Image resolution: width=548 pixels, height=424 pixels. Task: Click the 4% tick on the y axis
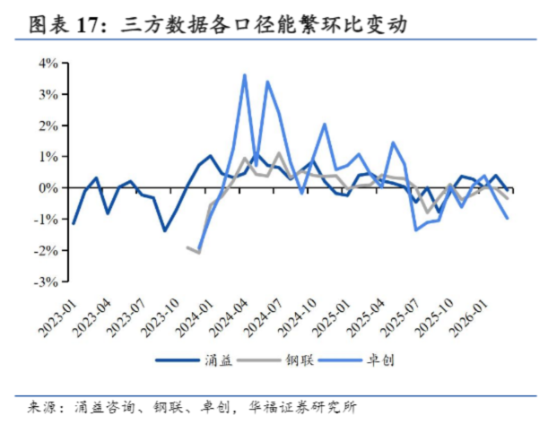coord(48,63)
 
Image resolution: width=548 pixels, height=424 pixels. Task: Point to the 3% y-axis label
coord(48,94)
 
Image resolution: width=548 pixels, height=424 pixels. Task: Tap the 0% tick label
coord(48,187)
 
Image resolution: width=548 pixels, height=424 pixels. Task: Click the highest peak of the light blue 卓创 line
coord(245,75)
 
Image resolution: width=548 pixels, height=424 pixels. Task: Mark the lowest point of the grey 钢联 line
coord(198,253)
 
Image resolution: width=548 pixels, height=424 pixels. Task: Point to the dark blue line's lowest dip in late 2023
coord(164,230)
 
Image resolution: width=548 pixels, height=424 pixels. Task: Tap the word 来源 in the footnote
coord(30,406)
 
